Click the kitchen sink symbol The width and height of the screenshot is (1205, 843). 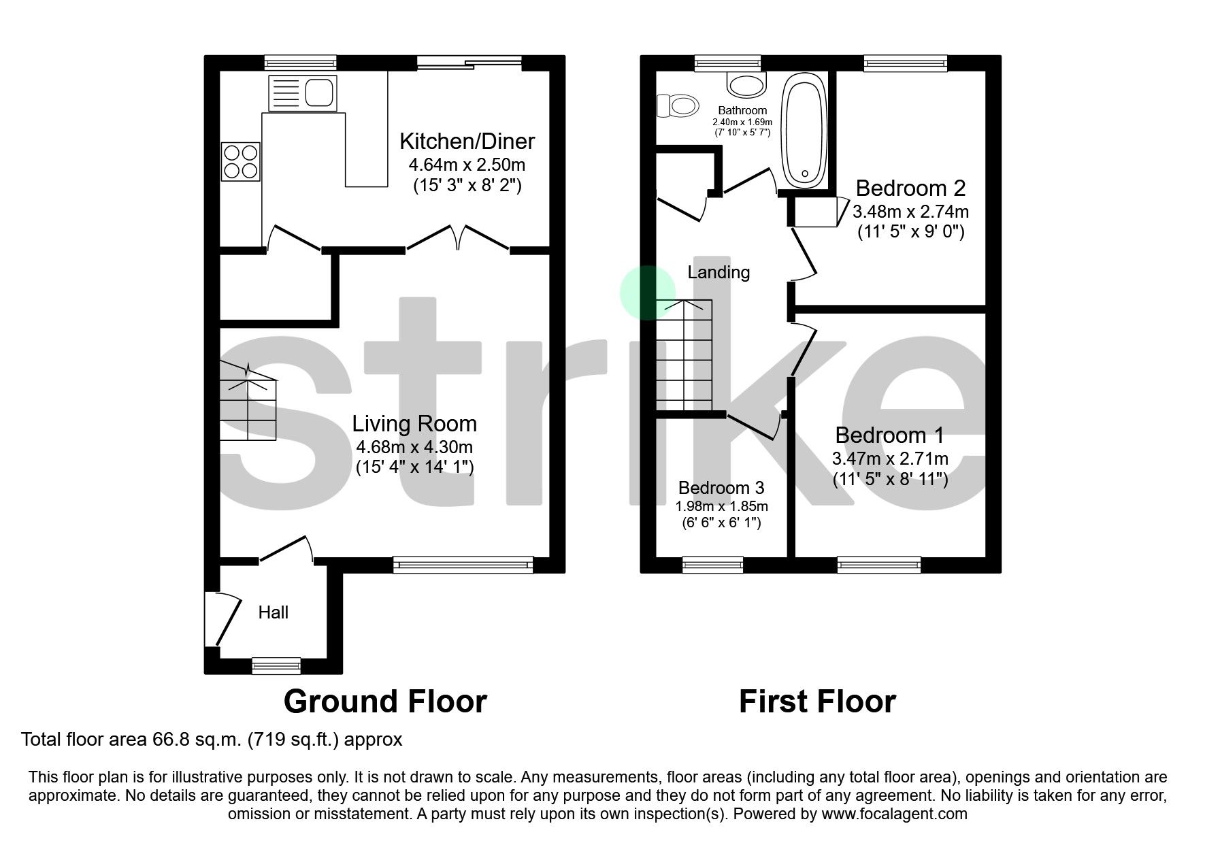[303, 93]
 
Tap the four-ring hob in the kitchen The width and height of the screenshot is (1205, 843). [240, 161]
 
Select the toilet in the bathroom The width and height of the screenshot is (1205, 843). [678, 105]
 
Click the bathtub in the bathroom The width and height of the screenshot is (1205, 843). [805, 130]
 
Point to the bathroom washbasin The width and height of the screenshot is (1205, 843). [746, 84]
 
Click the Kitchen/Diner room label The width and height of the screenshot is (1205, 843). [467, 142]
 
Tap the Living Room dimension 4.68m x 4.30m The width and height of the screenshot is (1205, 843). [414, 447]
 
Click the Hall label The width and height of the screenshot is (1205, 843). [273, 612]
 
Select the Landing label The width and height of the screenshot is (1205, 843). [719, 272]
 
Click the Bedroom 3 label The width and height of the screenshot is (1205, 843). [721, 488]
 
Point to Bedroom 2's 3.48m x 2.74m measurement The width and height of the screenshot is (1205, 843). [910, 212]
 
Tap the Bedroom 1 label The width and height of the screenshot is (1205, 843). [889, 435]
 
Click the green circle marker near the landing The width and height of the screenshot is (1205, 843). [647, 293]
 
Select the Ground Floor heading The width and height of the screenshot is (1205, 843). [385, 701]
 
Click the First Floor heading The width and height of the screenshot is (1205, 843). [817, 701]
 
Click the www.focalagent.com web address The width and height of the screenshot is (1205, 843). [894, 814]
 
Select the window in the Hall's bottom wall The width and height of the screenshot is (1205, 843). [276, 665]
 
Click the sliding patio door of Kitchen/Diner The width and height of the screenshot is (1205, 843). [469, 63]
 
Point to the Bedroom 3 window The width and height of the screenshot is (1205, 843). [712, 564]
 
